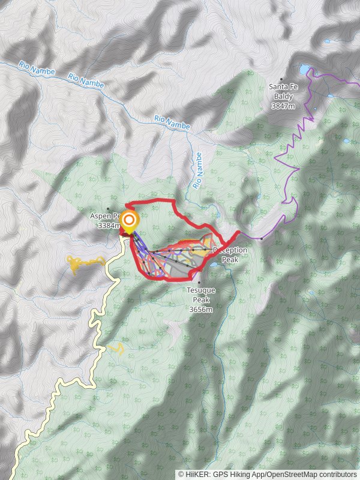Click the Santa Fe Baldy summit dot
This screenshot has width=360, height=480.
pos(281,79)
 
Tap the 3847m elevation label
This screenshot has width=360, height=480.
pos(283,106)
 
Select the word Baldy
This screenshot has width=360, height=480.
pos(283,96)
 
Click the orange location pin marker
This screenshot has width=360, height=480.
pos(128,222)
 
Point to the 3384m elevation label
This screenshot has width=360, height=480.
pos(109,226)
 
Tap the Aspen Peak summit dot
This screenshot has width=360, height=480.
pos(108,209)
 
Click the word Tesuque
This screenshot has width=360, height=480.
pos(200,290)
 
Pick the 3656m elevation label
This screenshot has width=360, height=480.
pos(200,310)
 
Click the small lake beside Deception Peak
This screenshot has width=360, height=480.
pos(214,264)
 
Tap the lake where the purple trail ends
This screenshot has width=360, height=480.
pos(305,69)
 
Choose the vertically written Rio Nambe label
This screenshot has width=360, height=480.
pos(198,170)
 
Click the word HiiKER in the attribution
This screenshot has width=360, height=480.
pos(196,474)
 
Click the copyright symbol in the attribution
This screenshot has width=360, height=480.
pos(181,474)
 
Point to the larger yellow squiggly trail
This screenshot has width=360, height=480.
pos(84,262)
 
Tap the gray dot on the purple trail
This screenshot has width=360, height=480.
pos(262,238)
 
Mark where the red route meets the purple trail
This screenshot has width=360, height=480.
pos(240,232)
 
